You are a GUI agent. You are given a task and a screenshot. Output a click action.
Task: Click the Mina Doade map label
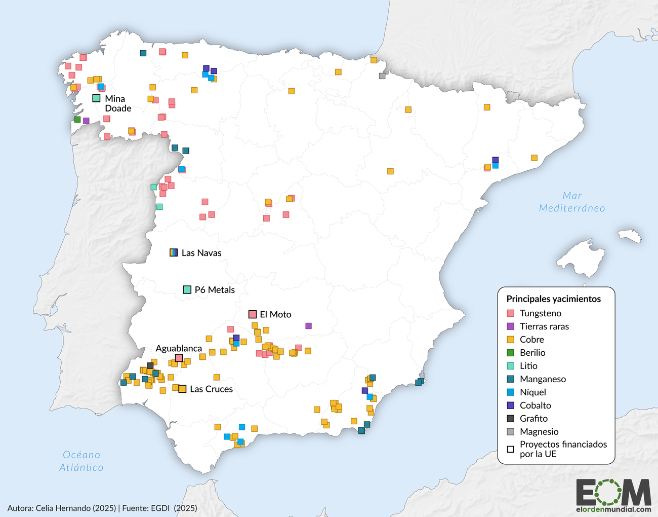(117, 103)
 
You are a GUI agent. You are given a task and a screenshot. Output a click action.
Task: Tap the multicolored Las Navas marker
(174, 252)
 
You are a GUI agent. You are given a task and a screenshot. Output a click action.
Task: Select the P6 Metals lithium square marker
(187, 290)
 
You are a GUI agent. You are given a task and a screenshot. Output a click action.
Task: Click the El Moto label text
(275, 314)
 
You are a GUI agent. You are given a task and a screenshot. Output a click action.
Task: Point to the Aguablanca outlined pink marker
(179, 358)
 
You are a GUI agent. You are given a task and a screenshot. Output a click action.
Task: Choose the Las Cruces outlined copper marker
(182, 389)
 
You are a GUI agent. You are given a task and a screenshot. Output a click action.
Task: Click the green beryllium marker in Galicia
(77, 120)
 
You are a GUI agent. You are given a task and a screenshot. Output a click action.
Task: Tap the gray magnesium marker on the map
(382, 76)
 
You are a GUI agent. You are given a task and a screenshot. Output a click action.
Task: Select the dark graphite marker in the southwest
(150, 365)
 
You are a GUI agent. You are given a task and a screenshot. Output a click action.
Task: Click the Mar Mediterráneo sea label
(572, 202)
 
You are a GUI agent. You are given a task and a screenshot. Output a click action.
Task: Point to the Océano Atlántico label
(81, 461)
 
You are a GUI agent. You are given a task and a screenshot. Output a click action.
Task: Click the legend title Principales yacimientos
(553, 299)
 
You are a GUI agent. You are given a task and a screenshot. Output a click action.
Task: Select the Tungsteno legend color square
(510, 313)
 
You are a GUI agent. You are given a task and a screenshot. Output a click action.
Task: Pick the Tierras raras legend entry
(544, 326)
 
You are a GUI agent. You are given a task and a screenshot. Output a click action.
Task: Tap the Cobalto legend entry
(535, 405)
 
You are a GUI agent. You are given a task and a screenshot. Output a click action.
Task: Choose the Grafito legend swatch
(510, 419)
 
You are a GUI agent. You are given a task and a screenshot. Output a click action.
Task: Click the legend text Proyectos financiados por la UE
(563, 449)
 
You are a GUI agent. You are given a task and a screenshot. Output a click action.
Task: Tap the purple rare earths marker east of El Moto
(308, 326)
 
